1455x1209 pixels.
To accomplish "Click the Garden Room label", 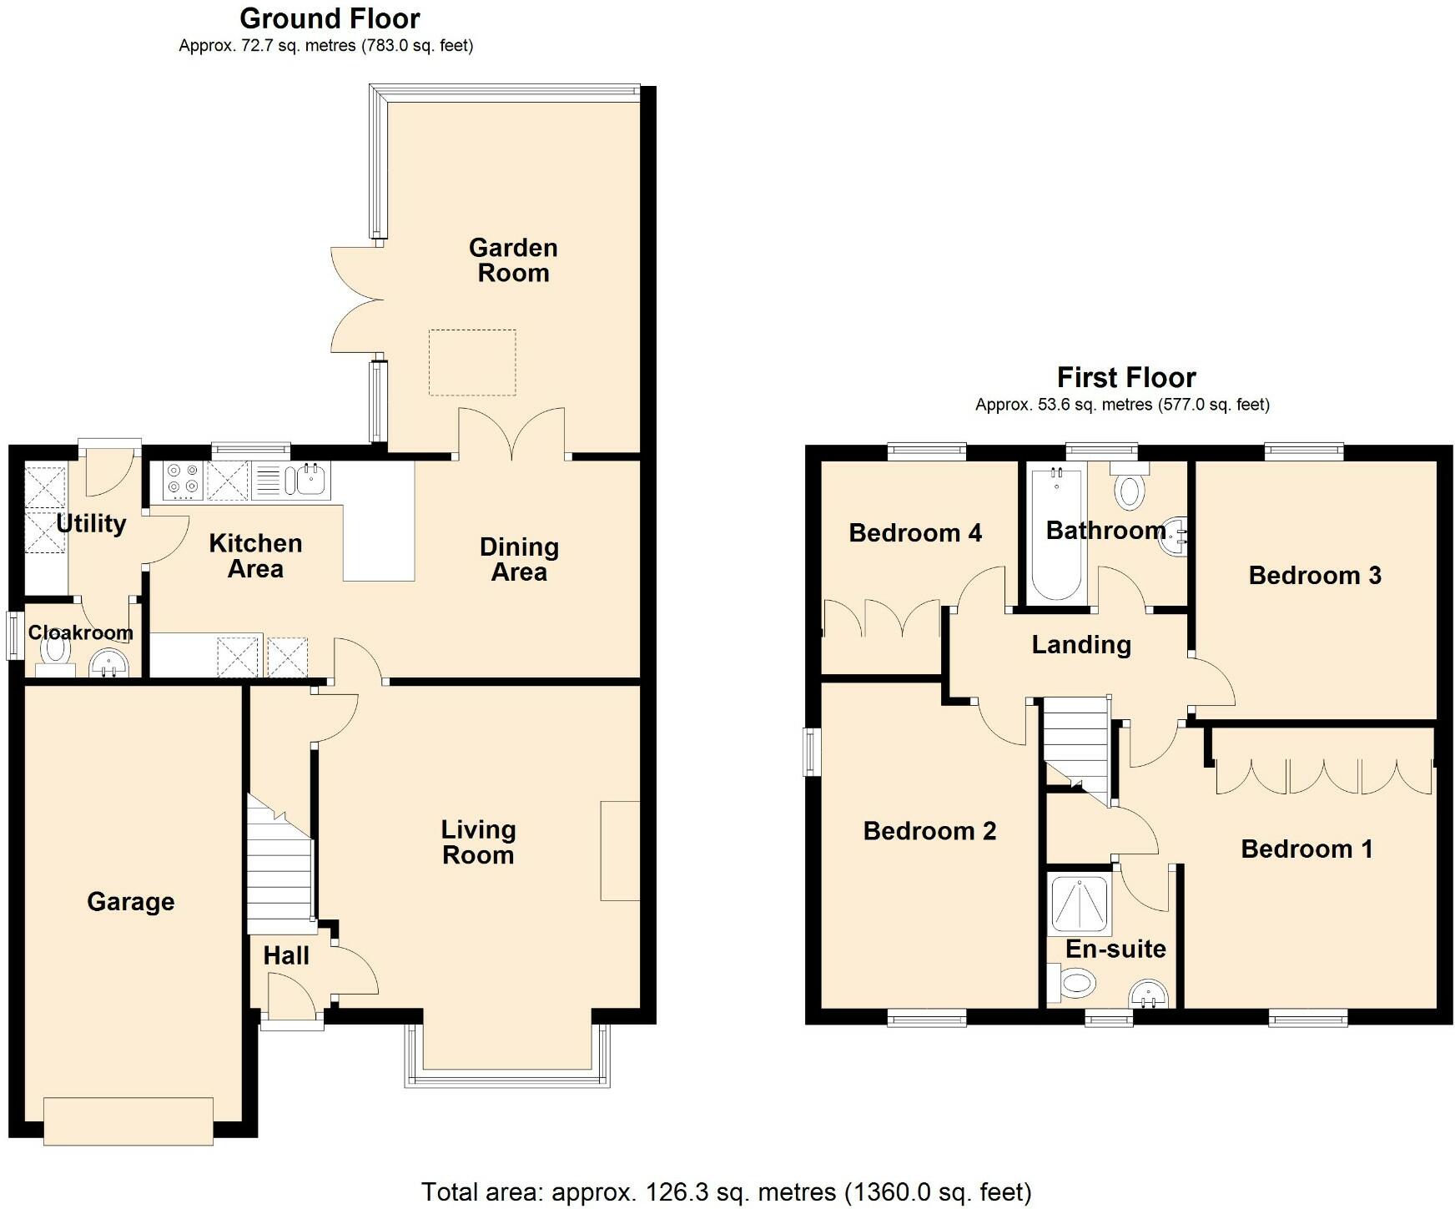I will (x=512, y=260).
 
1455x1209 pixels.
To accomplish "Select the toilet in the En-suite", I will (x=1075, y=983).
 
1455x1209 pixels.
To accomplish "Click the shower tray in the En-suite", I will (x=1080, y=904).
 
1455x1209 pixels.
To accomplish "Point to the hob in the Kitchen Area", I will (x=184, y=480).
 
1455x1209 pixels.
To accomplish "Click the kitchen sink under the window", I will (x=308, y=480).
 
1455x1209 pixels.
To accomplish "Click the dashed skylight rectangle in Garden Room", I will (x=472, y=362).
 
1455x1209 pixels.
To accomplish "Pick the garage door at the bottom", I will (x=128, y=1121).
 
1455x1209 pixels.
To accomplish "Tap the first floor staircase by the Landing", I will (x=1076, y=743).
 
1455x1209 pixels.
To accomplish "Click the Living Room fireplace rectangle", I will (x=620, y=850).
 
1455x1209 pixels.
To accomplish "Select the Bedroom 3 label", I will (x=1314, y=575).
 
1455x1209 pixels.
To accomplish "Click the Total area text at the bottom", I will (x=726, y=1191).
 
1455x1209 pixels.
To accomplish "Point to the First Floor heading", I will (x=1125, y=377).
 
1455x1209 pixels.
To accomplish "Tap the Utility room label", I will (x=91, y=523).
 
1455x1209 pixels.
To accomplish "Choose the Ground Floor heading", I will (x=330, y=18).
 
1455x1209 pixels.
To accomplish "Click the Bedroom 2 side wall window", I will (x=811, y=751).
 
